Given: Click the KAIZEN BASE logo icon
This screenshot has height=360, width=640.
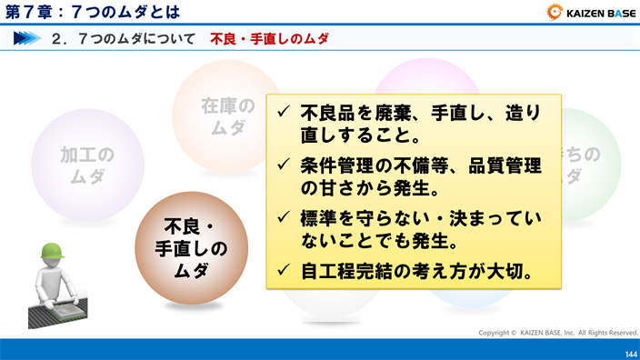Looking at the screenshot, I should pyautogui.click(x=555, y=12).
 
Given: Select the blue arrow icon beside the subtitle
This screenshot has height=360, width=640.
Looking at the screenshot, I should pyautogui.click(x=27, y=39).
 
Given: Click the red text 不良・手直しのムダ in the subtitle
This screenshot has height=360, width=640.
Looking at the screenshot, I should pyautogui.click(x=269, y=39).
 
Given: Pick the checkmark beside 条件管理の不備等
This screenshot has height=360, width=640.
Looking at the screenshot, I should pyautogui.click(x=283, y=166).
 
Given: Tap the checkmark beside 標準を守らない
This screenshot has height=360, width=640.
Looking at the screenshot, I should pyautogui.click(x=283, y=219).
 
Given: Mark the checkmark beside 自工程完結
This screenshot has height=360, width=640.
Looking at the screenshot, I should pyautogui.click(x=283, y=270).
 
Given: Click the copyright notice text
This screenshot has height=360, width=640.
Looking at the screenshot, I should pyautogui.click(x=558, y=333).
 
